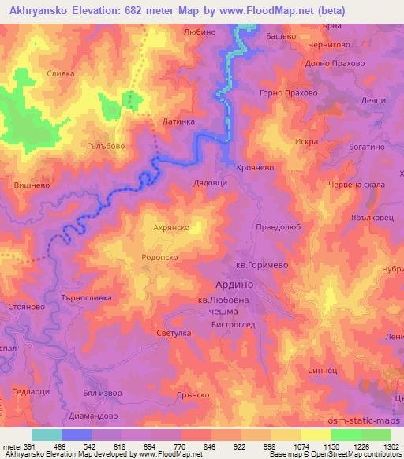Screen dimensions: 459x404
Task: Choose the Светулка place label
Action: coord(174,334)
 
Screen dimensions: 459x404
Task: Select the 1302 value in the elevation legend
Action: coord(390,446)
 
